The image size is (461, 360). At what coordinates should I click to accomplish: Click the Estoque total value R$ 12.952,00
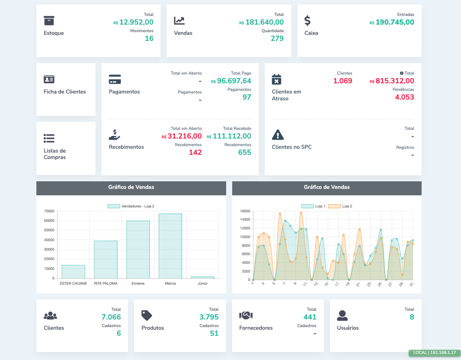pos(133,22)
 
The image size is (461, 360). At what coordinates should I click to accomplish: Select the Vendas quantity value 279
pos(277,38)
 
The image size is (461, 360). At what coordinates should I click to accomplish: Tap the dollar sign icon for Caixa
pos(308,20)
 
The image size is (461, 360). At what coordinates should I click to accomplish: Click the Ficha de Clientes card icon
pos(49,79)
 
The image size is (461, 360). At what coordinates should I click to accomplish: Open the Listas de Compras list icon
pos(49,138)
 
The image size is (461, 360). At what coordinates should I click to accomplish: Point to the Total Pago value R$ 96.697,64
pos(231,81)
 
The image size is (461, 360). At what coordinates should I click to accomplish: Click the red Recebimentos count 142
pos(195,153)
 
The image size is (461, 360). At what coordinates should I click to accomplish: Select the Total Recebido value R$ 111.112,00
pos(229,136)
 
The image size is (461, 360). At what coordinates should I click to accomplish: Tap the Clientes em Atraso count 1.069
pos(342,81)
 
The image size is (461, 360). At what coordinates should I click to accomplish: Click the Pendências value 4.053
pos(404,97)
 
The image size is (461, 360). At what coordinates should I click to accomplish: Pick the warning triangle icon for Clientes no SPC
pos(278,134)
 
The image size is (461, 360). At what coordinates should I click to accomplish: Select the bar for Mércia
pos(170,246)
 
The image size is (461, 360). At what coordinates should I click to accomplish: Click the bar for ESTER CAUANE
pos(73,271)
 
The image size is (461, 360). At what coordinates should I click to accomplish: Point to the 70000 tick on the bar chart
pos(49,211)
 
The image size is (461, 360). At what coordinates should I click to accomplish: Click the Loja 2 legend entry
pos(340,206)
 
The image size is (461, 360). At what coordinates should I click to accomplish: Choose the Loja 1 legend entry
pos(313,206)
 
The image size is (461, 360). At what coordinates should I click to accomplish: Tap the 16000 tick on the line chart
pos(245,211)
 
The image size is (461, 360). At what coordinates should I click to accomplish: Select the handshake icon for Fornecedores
pos(246,315)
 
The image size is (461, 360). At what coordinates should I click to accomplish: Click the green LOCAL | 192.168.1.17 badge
pos(434,353)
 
